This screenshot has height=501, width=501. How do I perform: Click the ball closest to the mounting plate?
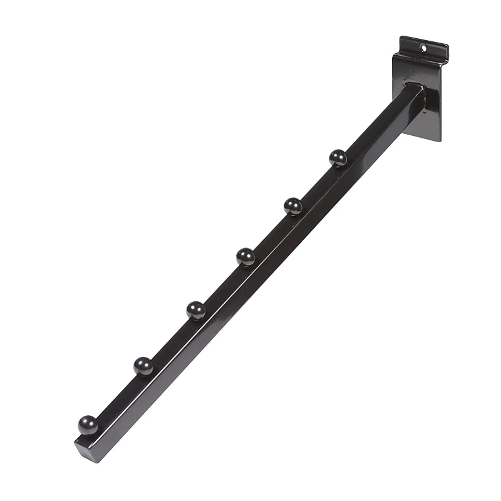point(338,157)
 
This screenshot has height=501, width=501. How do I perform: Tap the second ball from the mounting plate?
point(292,205)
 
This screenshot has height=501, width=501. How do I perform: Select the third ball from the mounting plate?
point(245,256)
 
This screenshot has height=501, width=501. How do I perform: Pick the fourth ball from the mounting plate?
point(196,309)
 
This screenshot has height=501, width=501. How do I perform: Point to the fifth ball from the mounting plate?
point(143,365)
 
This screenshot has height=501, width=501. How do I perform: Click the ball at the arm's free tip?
point(88,425)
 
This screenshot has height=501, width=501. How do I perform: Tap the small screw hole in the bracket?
point(425,48)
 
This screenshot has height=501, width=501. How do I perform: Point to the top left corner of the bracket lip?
point(401,37)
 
